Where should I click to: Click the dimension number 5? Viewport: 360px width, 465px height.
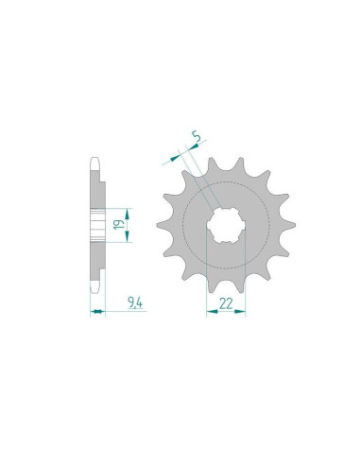[197, 137]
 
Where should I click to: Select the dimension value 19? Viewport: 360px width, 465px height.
[119, 225]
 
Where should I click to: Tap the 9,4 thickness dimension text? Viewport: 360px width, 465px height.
[135, 303]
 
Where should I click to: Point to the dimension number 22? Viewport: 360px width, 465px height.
[226, 303]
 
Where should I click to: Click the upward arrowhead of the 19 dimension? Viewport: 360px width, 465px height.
[127, 215]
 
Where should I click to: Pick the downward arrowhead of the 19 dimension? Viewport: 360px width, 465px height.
[127, 236]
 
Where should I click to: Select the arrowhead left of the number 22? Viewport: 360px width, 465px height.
[212, 311]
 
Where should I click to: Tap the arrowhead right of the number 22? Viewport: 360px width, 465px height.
[240, 311]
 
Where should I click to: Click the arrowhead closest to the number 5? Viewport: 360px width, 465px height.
[195, 146]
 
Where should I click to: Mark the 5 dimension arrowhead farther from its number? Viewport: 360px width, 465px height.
[174, 159]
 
